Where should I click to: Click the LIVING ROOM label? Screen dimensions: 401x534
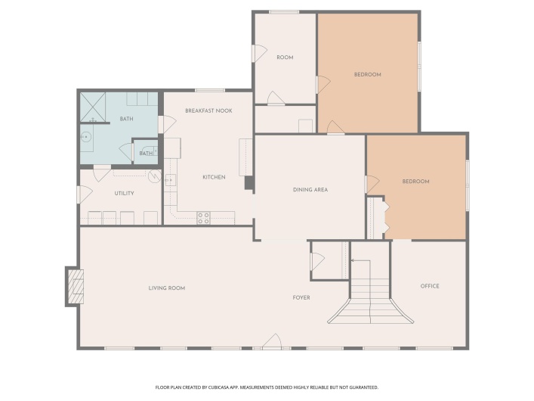tap(166, 288)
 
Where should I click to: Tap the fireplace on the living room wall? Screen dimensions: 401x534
tap(75, 287)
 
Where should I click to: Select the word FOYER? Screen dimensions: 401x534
tap(301, 297)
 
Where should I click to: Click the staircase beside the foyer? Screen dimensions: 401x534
tap(369, 299)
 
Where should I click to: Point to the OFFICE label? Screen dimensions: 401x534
tap(429, 286)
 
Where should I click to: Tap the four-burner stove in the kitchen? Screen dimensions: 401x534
tap(203, 218)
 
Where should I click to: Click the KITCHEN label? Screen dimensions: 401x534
tap(214, 177)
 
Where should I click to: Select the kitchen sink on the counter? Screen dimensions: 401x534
tap(171, 180)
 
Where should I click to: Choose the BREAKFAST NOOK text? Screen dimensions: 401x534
tap(208, 111)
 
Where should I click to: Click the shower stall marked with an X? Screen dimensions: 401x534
tap(92, 107)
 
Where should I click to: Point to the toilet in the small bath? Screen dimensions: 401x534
tap(150, 151)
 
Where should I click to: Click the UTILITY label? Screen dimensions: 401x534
tap(124, 194)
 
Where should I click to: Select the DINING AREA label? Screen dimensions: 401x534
tap(310, 189)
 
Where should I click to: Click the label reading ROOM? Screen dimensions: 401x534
tap(285, 58)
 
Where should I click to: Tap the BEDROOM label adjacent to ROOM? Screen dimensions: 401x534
tap(367, 75)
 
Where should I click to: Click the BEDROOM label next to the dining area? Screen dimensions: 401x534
tap(415, 182)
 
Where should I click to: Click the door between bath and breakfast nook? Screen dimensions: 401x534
tap(162, 124)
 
